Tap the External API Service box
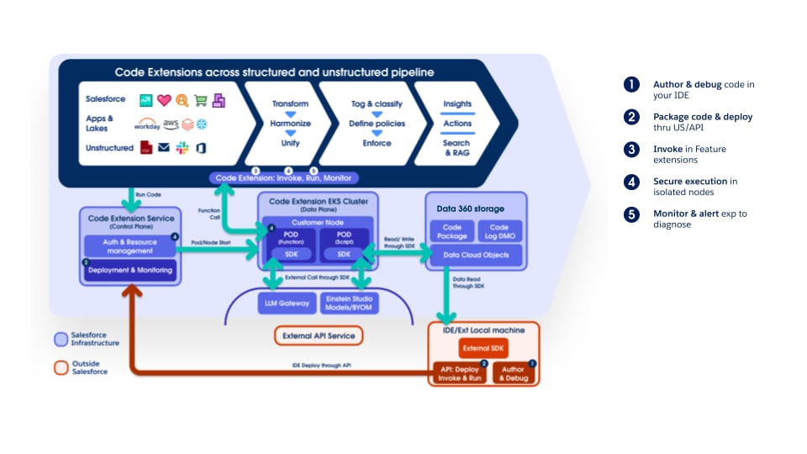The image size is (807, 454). coord(319,335)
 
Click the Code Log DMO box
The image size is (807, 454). coord(499,232)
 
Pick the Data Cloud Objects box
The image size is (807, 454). coord(476,255)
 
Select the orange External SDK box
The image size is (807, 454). coord(483,348)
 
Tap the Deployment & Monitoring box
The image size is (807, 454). coord(130,269)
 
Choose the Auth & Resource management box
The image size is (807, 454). coord(130,245)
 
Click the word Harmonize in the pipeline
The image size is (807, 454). coord(290,123)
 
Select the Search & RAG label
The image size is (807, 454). coord(457,149)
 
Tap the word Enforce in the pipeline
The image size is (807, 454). coord(377,143)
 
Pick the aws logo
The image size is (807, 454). coord(171,124)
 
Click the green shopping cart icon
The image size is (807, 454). coord(200,100)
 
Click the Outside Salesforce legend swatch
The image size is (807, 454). coord(61,367)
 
